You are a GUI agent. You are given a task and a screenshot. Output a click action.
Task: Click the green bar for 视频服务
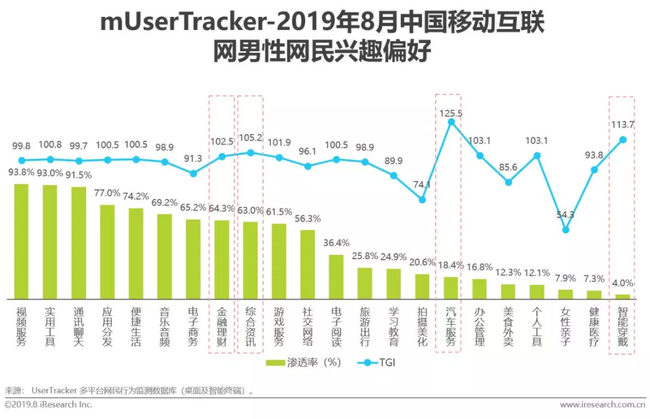(22, 241)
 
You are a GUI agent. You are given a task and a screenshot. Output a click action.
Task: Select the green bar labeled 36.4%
(336, 277)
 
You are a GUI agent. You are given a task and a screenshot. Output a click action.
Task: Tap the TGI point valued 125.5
(451, 122)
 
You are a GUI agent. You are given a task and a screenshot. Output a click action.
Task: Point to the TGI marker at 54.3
(565, 229)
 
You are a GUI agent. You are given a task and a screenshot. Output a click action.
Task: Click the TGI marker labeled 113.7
(623, 139)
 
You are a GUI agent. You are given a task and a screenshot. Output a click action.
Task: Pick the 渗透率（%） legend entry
(303, 362)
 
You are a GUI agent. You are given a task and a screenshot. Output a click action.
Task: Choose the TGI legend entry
(377, 362)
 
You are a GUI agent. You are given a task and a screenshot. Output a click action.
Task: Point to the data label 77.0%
(108, 194)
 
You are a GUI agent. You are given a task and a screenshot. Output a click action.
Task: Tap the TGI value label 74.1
(422, 185)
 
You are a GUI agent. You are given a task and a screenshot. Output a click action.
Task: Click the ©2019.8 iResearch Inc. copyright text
(48, 405)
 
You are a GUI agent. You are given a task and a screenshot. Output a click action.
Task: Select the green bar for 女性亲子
(565, 294)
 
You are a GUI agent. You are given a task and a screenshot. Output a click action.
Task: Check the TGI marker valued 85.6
(509, 182)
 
